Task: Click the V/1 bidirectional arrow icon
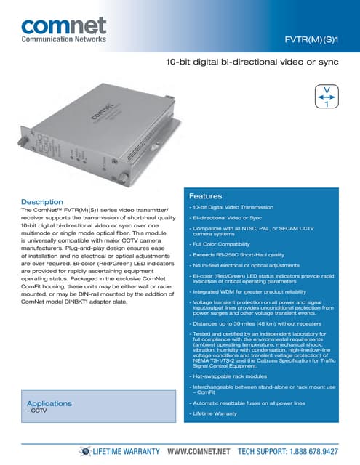(327, 96)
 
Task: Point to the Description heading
(42, 201)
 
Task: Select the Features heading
(206, 196)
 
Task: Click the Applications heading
(49, 403)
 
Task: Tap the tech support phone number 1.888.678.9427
(313, 451)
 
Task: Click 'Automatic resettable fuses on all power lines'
(247, 402)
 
